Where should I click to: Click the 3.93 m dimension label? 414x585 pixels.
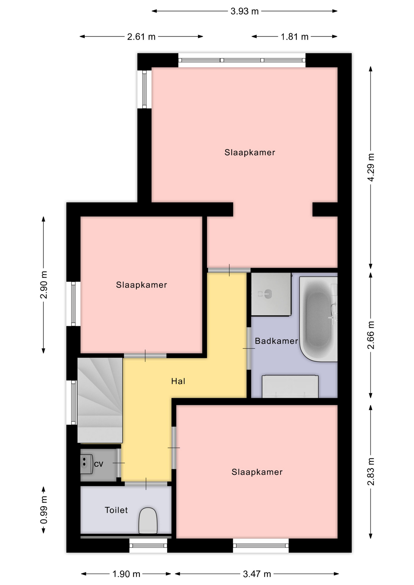pyautogui.click(x=244, y=11)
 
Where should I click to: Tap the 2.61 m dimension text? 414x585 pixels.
pyautogui.click(x=141, y=37)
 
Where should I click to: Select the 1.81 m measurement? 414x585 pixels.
pyautogui.click(x=294, y=37)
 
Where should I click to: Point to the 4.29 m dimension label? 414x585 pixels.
pyautogui.click(x=371, y=167)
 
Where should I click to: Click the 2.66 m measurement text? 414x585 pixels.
pyautogui.click(x=371, y=335)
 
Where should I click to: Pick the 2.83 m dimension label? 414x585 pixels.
pyautogui.click(x=371, y=471)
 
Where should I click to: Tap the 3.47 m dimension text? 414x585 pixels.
pyautogui.click(x=257, y=574)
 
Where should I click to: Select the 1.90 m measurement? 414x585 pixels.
pyautogui.click(x=126, y=574)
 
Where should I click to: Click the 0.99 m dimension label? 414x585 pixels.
pyautogui.click(x=44, y=510)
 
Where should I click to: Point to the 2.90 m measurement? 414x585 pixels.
pyautogui.click(x=44, y=285)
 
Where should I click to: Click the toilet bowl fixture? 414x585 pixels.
pyautogui.click(x=148, y=520)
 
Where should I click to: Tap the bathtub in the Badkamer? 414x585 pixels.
pyautogui.click(x=319, y=319)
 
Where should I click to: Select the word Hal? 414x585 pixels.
pyautogui.click(x=178, y=381)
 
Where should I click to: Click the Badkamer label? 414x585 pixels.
pyautogui.click(x=276, y=341)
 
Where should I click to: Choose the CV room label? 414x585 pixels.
pyautogui.click(x=98, y=464)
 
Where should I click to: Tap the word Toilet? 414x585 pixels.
pyautogui.click(x=116, y=510)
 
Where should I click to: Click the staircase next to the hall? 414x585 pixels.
pyautogui.click(x=100, y=400)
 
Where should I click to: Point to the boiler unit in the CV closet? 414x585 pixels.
pyautogui.click(x=86, y=464)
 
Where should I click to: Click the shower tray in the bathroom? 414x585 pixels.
pyautogui.click(x=271, y=294)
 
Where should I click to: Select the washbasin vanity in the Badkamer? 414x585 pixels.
pyautogui.click(x=290, y=386)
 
